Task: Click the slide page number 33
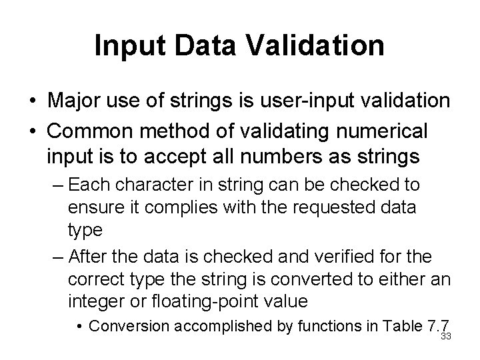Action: pyautogui.click(x=446, y=336)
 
